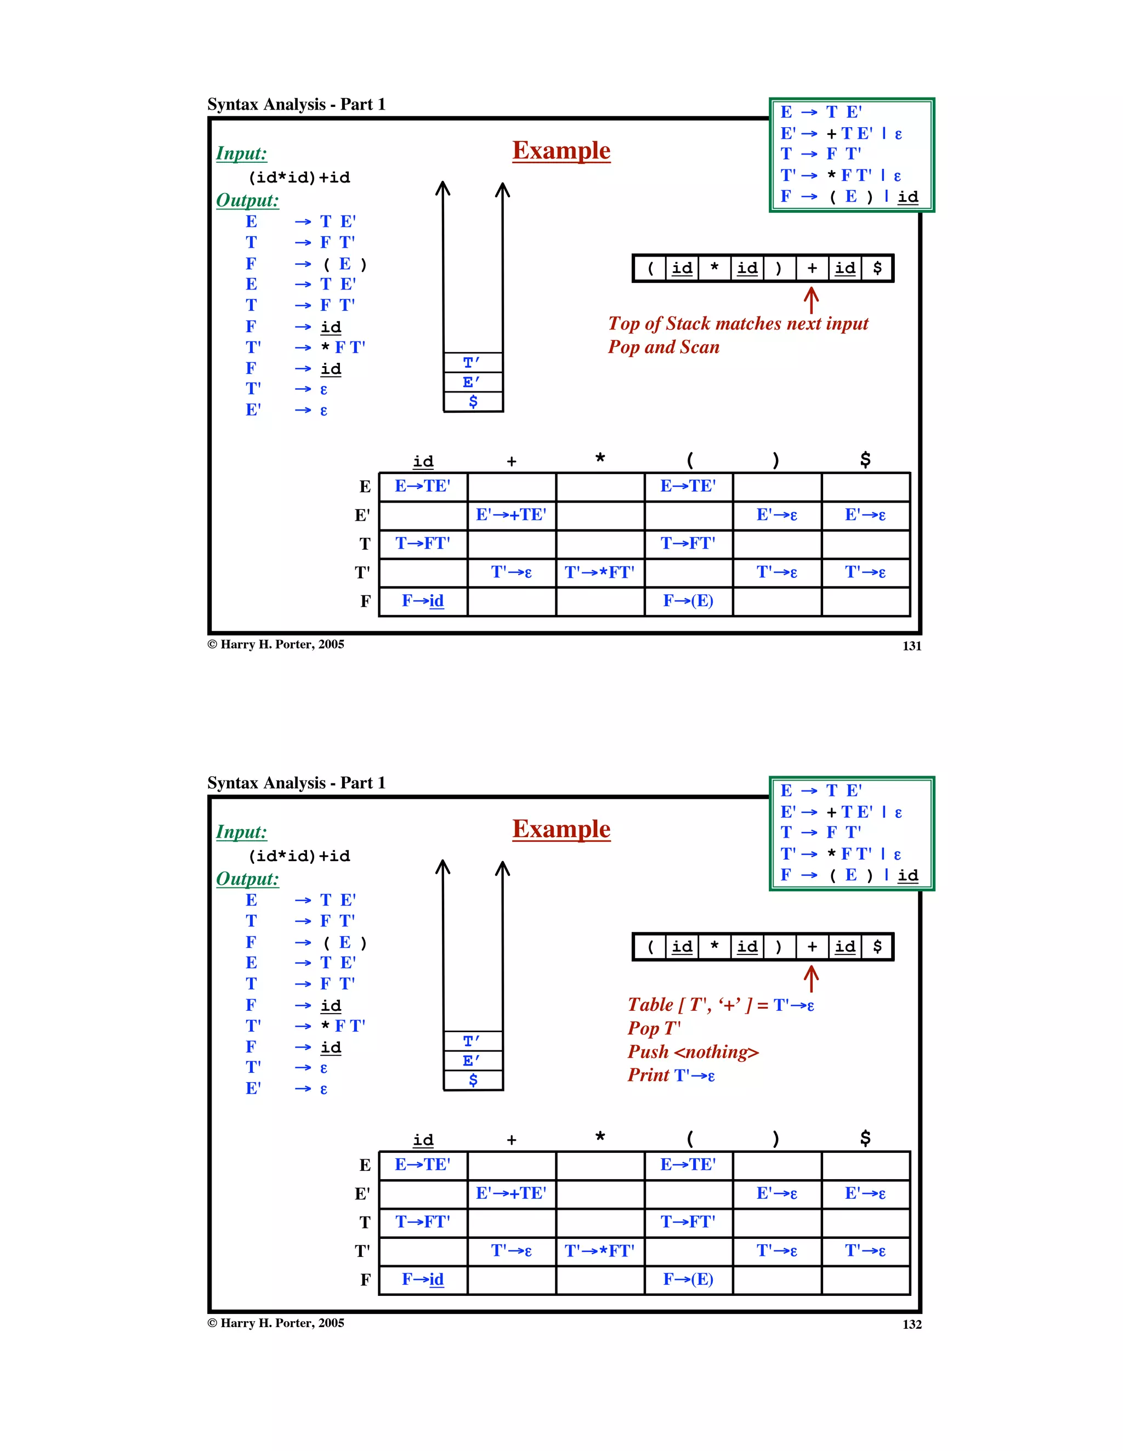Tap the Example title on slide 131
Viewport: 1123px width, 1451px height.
[x=561, y=151]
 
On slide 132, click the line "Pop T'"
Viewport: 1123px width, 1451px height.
[x=654, y=1028]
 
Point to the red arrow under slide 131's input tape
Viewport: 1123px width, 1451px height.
[x=810, y=300]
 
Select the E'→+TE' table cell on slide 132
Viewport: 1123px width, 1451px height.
[x=511, y=1193]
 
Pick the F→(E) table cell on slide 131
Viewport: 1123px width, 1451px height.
[x=688, y=601]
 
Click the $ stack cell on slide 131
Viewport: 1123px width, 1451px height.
[x=473, y=401]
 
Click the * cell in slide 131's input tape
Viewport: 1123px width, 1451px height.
[x=714, y=269]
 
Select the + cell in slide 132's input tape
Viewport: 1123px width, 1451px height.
[x=812, y=947]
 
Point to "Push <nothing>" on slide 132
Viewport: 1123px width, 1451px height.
[x=693, y=1052]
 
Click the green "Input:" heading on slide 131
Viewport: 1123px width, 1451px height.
[x=241, y=153]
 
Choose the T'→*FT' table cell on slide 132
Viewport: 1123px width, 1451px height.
[x=599, y=1251]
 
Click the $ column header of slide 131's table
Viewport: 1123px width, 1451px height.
[x=865, y=460]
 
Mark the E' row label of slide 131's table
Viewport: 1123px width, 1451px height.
[x=362, y=516]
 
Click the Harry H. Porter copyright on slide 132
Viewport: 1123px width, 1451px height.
[x=276, y=1323]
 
